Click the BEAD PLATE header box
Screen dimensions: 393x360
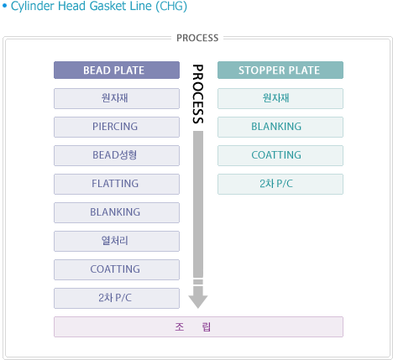(117, 70)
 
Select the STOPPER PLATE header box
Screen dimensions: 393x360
(280, 70)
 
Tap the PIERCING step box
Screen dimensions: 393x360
(117, 127)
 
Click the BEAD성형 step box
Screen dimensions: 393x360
(117, 155)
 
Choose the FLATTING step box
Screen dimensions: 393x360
(117, 184)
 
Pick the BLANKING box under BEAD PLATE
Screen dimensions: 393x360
(117, 212)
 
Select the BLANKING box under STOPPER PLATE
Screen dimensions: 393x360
(280, 127)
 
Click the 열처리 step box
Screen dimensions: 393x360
(117, 241)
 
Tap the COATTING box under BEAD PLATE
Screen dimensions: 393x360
(117, 269)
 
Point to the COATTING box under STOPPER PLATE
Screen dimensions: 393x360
(280, 155)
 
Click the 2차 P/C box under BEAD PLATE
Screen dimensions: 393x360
(117, 298)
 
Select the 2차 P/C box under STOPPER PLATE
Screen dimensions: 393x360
(280, 184)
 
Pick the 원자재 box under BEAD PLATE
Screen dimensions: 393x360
(117, 98)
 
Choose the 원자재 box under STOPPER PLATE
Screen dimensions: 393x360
(280, 98)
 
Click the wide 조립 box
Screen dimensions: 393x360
(198, 326)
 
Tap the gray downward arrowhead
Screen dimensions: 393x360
(198, 301)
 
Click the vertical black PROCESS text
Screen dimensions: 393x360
(198, 94)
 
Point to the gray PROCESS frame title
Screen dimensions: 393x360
(197, 38)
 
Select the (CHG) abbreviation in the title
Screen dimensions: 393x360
(171, 6)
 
